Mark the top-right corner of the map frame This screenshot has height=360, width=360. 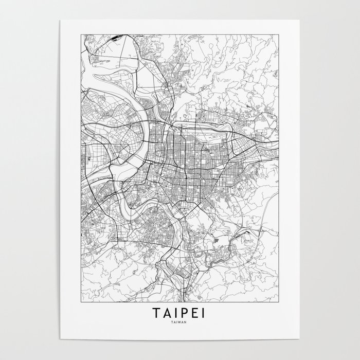point(279,33)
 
